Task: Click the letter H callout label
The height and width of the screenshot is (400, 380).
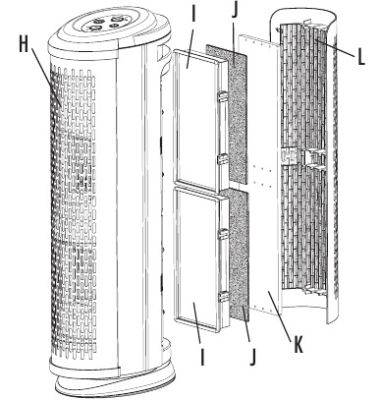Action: tap(24, 44)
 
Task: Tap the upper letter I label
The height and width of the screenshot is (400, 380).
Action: tap(193, 13)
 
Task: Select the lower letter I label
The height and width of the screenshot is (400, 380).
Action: tap(202, 357)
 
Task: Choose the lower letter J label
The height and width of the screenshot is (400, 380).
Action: tap(252, 357)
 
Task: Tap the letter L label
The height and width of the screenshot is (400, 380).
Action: tap(360, 57)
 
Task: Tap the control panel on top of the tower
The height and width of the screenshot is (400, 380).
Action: tap(105, 24)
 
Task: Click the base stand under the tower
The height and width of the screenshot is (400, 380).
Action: tap(115, 383)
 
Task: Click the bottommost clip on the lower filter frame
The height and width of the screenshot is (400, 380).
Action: tap(223, 297)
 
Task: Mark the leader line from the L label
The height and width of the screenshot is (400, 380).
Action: tap(335, 48)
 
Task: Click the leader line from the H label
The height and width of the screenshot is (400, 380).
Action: tap(46, 77)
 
